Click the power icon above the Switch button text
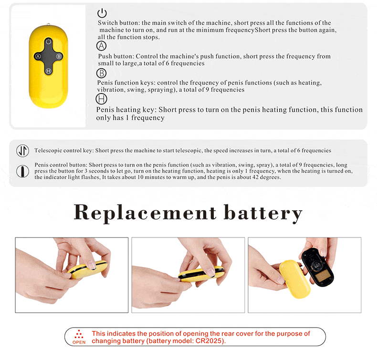click(102, 13)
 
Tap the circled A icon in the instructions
click(102, 46)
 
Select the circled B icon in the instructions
click(102, 73)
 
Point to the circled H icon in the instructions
click(101, 99)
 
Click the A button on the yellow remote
click(38, 56)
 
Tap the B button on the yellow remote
click(59, 56)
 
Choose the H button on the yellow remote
click(48, 71)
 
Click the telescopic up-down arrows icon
click(22, 151)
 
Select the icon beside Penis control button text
click(22, 171)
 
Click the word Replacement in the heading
click(145, 213)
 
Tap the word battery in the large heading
click(263, 213)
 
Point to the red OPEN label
click(79, 342)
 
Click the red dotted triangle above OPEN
click(79, 334)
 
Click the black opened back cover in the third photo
click(317, 267)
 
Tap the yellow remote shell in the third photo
click(295, 278)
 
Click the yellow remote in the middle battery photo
click(201, 274)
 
